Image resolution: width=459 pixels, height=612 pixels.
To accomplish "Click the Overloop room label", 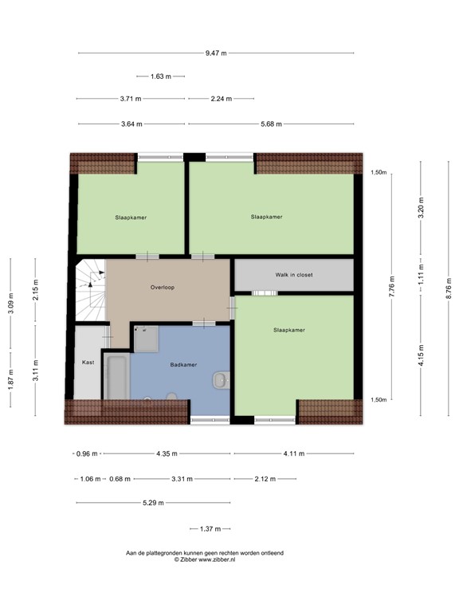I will click(162, 287).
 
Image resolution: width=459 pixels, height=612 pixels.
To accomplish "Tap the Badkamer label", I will click(183, 365).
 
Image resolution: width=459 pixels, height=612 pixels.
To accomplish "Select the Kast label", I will click(88, 363).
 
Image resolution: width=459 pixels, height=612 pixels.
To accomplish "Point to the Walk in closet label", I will click(294, 275).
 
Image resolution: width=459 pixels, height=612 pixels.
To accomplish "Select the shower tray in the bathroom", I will click(145, 340).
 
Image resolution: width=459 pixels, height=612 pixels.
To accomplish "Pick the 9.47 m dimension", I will click(215, 53).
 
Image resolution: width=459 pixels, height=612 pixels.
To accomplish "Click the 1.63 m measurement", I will click(161, 76).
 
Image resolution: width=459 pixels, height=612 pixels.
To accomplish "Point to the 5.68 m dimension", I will click(271, 124).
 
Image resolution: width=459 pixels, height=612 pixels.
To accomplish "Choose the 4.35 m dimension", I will click(167, 454).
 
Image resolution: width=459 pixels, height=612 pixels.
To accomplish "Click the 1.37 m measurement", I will click(209, 529).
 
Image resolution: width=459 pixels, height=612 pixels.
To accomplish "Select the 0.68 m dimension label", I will click(120, 479).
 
